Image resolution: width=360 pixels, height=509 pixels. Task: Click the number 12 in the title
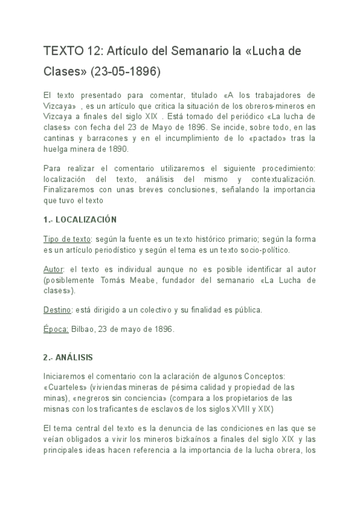pyautogui.click(x=94, y=52)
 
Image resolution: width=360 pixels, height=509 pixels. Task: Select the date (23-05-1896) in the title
pyautogui.click(x=126, y=72)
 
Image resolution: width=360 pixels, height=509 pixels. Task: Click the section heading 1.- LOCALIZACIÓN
pyautogui.click(x=80, y=220)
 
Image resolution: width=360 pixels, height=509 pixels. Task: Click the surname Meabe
pyautogui.click(x=164, y=280)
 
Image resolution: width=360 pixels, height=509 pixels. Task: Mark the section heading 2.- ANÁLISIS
pyautogui.click(x=68, y=357)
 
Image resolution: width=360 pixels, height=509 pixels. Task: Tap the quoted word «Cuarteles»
pyautogui.click(x=65, y=387)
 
